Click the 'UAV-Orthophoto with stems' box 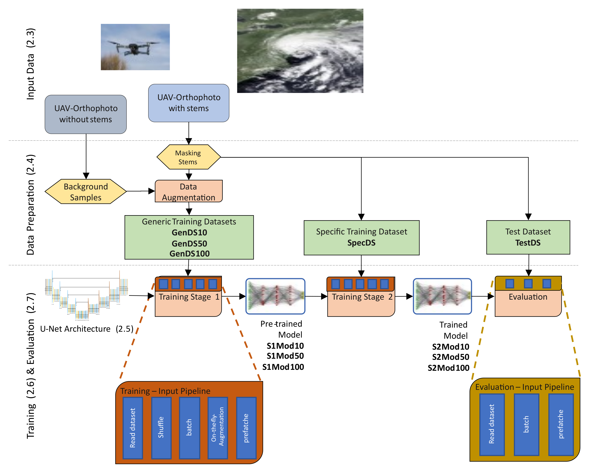(x=189, y=103)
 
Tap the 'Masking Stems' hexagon (x=188, y=157)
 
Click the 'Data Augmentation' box (x=189, y=192)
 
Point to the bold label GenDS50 (x=189, y=243)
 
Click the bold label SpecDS (x=361, y=243)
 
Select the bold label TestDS (x=528, y=243)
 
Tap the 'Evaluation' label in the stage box (x=528, y=297)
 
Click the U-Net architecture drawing (x=86, y=296)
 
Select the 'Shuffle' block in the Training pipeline (x=161, y=427)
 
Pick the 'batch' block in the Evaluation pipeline (x=526, y=424)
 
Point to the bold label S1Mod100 (x=283, y=367)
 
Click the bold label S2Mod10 (x=450, y=347)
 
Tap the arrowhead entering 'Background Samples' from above (x=86, y=176)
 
